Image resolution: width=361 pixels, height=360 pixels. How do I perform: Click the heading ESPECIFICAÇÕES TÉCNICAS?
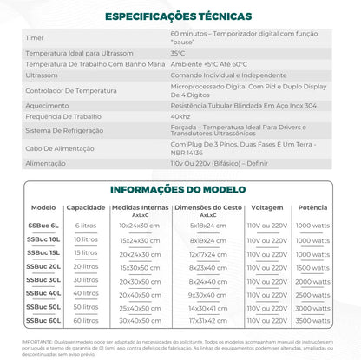coord(179,16)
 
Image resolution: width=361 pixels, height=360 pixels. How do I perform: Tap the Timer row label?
coord(35,38)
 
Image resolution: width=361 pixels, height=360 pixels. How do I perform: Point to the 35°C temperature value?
coord(183,53)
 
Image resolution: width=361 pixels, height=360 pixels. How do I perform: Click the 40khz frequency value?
coord(180,115)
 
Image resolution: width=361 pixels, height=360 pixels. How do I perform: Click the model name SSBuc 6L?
coord(43,225)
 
